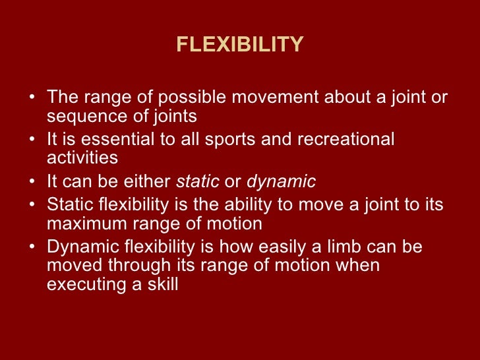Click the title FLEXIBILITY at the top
click(x=240, y=45)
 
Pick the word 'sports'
click(x=243, y=140)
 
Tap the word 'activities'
click(x=82, y=158)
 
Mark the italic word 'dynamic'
click(x=281, y=182)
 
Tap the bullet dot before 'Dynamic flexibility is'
click(x=33, y=248)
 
